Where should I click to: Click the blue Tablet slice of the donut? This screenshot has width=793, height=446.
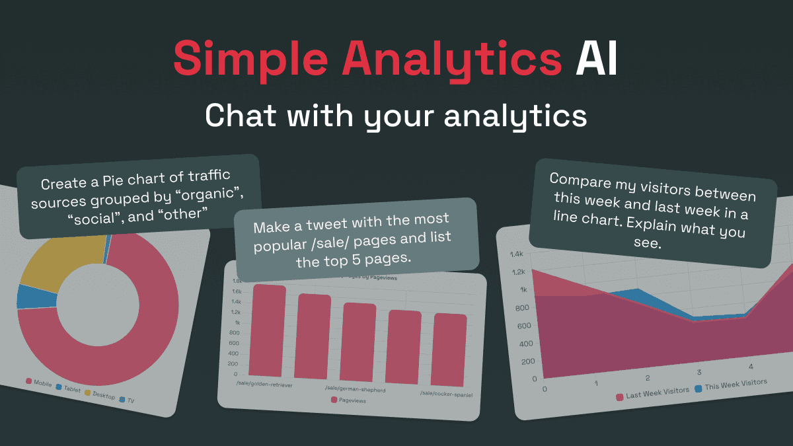coord(28,297)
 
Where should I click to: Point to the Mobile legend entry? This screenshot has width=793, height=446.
coord(39,383)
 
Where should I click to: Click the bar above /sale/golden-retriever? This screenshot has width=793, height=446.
coord(269,330)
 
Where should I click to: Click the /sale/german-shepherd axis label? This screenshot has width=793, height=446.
coord(356,390)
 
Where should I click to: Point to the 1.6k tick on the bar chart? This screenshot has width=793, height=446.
coord(237,291)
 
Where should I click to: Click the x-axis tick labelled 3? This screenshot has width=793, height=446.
coord(699,373)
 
